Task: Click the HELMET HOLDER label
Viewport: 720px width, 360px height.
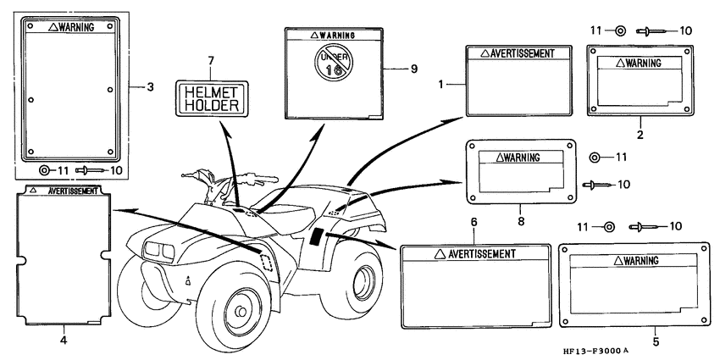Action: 212,99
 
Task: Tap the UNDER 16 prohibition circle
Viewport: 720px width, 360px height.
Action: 334,63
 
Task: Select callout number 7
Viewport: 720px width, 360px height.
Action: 211,60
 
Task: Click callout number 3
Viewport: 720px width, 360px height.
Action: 150,86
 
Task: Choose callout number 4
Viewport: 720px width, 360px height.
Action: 64,341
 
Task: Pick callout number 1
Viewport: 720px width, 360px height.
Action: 440,84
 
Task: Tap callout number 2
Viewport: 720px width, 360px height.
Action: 640,135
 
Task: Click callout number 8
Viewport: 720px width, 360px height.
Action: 521,221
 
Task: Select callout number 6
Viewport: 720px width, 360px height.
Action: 474,222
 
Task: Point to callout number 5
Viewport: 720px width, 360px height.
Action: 656,341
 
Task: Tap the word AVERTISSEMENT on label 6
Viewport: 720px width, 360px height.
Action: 482,253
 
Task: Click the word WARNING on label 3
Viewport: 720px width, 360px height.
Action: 77,28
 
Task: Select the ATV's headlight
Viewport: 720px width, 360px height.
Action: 159,250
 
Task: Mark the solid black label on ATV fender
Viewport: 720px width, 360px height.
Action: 317,236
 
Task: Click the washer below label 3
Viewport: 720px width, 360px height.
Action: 45,170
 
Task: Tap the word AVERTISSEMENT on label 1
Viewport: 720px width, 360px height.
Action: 523,53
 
